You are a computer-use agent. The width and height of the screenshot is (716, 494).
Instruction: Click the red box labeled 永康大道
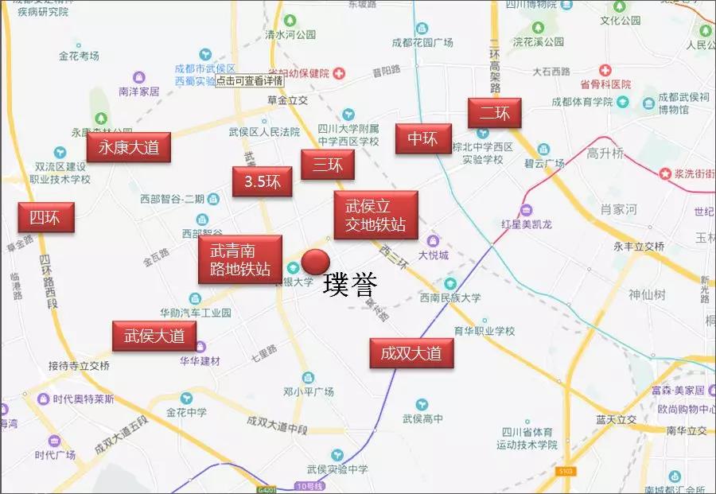129,147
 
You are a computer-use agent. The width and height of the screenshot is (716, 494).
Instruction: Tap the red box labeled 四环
46,217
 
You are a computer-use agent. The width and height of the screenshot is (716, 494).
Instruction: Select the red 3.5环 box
262,182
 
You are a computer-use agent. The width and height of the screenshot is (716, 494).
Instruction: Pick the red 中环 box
422,139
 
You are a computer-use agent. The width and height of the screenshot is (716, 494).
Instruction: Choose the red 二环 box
494,114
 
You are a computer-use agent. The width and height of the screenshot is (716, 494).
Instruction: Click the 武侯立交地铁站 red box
376,215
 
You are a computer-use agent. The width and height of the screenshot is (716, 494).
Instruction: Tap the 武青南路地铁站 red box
239,259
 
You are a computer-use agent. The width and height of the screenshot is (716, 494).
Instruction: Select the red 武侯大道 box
154,336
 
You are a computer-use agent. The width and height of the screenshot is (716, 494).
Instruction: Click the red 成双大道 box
411,352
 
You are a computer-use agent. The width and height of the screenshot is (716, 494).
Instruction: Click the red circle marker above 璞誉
316,262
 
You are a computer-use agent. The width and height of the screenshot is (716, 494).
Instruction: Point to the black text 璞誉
350,286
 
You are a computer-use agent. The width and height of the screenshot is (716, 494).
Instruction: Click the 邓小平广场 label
309,391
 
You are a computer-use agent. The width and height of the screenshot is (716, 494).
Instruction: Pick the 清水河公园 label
290,35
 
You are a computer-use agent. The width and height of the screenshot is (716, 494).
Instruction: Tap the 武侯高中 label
422,418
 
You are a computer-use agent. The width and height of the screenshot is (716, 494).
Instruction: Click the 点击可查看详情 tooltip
248,80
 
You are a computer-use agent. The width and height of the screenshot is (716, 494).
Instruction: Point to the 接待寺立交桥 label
79,366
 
